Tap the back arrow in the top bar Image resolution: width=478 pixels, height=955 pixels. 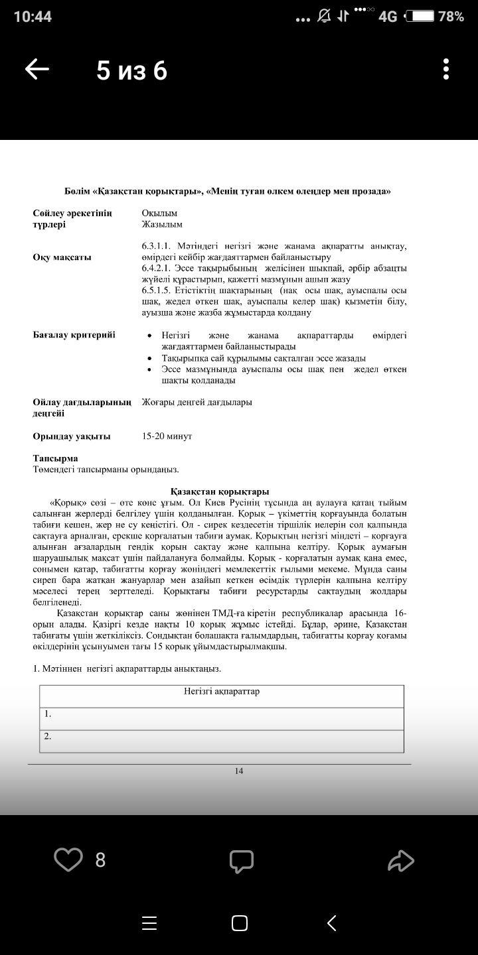pyautogui.click(x=37, y=69)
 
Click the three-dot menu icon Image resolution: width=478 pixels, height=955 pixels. pyautogui.click(x=446, y=69)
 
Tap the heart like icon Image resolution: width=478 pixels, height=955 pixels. pyautogui.click(x=68, y=859)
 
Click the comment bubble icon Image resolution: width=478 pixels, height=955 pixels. pyautogui.click(x=242, y=861)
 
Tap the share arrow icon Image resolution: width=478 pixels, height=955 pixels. pyautogui.click(x=401, y=861)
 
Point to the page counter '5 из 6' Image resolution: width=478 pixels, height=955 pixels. pyautogui.click(x=131, y=70)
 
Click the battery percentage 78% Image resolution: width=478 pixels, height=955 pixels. pyautogui.click(x=451, y=17)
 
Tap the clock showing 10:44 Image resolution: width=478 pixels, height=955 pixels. pyautogui.click(x=33, y=17)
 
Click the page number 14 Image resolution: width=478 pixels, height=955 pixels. pyautogui.click(x=239, y=771)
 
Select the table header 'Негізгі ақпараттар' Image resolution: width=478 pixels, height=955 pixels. pyautogui.click(x=222, y=692)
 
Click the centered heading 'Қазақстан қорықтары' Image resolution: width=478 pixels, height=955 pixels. pyautogui.click(x=220, y=491)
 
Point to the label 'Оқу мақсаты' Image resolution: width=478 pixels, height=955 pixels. pyautogui.click(x=62, y=257)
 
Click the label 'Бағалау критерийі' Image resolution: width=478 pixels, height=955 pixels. pyautogui.click(x=74, y=335)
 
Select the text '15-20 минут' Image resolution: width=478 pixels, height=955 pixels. pyautogui.click(x=167, y=436)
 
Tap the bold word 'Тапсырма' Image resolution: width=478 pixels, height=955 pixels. pyautogui.click(x=56, y=458)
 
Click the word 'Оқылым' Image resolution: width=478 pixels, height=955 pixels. pyautogui.click(x=159, y=213)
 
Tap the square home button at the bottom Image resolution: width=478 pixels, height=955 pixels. pyautogui.click(x=240, y=923)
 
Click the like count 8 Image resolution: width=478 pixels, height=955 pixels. pyautogui.click(x=100, y=860)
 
